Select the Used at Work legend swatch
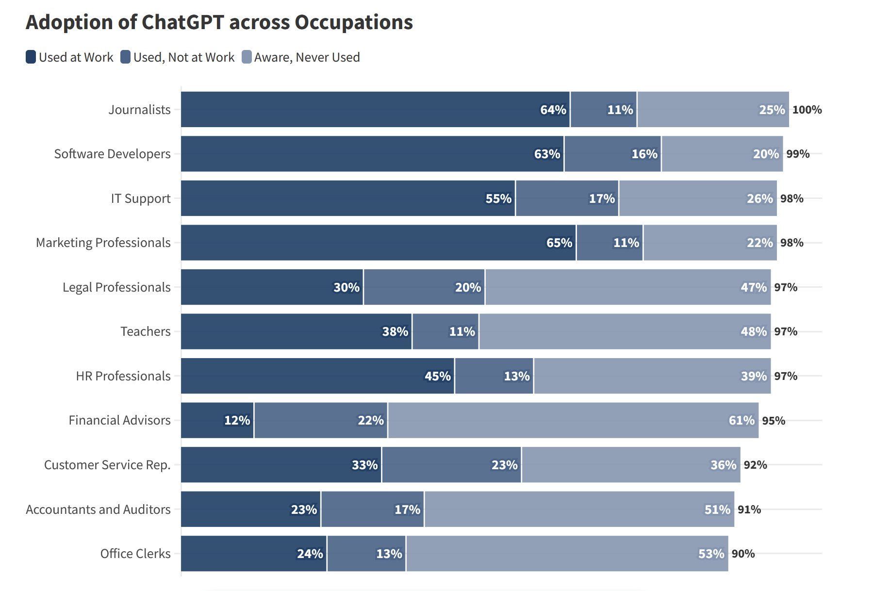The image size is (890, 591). pyautogui.click(x=31, y=57)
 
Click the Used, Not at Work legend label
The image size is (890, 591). pyautogui.click(x=184, y=57)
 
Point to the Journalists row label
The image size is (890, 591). pyautogui.click(x=140, y=110)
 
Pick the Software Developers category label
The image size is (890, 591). pyautogui.click(x=113, y=154)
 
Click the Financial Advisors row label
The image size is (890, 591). pyautogui.click(x=120, y=420)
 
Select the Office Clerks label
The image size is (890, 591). pyautogui.click(x=135, y=554)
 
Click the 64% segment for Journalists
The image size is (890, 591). pyautogui.click(x=375, y=110)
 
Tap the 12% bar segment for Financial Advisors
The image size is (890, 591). pyautogui.click(x=217, y=420)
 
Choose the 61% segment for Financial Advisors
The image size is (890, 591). pyautogui.click(x=573, y=420)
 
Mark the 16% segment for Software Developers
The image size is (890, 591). pyautogui.click(x=613, y=154)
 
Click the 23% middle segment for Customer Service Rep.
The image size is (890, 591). pyautogui.click(x=452, y=465)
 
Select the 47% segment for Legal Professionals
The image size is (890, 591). pyautogui.click(x=628, y=287)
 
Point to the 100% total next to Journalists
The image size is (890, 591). pyautogui.click(x=807, y=110)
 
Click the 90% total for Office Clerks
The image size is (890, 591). pyautogui.click(x=743, y=554)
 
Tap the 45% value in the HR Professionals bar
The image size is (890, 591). pyautogui.click(x=438, y=376)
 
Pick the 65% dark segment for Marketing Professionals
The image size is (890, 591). pyautogui.click(x=379, y=243)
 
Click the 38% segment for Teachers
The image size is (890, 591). pyautogui.click(x=297, y=331)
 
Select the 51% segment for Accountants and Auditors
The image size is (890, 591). pyautogui.click(x=579, y=509)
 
